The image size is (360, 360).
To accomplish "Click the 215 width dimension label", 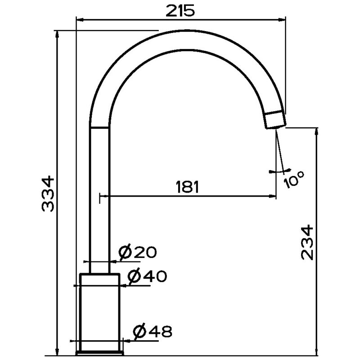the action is coord(180,11).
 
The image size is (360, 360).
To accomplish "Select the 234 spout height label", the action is coord(307,243).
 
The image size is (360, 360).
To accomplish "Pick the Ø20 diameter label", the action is coord(138,252).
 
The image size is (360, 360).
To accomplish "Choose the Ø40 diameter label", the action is coord(147,276).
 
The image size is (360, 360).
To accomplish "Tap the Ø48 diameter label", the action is coord(153,331).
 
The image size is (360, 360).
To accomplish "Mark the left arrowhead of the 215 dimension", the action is coord(80,20).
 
